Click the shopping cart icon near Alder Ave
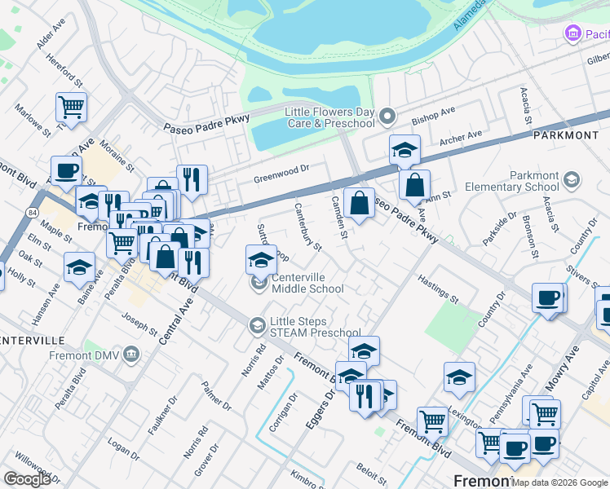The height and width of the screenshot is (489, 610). [72, 107]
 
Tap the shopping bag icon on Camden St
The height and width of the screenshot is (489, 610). [359, 203]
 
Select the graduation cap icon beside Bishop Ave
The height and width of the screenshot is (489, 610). [404, 150]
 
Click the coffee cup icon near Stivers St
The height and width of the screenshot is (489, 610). [547, 297]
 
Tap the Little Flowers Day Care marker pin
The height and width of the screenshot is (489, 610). [387, 115]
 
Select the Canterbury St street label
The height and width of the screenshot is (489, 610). [308, 226]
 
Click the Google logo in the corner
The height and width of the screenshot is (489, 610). [27, 479]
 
